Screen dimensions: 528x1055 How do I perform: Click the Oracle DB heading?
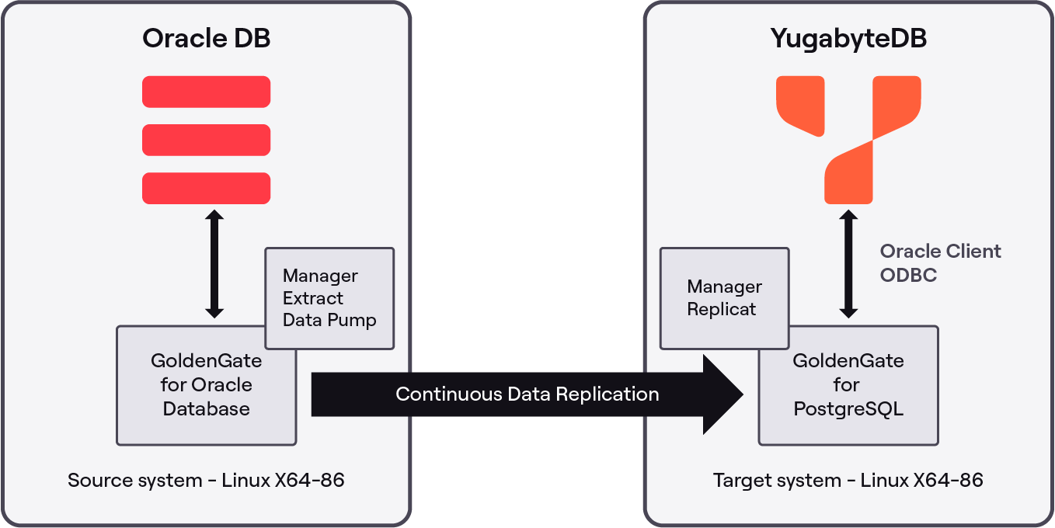pyautogui.click(x=206, y=39)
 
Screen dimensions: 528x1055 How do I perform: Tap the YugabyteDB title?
pyautogui.click(x=848, y=39)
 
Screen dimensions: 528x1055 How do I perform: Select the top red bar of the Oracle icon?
pyautogui.click(x=206, y=92)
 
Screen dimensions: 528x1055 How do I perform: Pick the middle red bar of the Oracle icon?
pyautogui.click(x=206, y=140)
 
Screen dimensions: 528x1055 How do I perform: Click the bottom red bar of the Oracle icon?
pyautogui.click(x=206, y=189)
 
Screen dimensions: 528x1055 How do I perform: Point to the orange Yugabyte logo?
pyautogui.click(x=848, y=138)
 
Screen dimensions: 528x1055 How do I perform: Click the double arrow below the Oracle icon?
pyautogui.click(x=214, y=264)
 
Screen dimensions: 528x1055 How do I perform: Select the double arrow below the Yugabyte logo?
pyautogui.click(x=848, y=264)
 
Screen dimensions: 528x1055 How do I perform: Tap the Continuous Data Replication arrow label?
pyautogui.click(x=527, y=394)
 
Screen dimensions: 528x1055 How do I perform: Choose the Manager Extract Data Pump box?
pyautogui.click(x=329, y=298)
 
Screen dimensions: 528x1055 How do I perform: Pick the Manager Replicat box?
pyautogui.click(x=724, y=298)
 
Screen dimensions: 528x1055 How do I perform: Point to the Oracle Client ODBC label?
pyautogui.click(x=940, y=263)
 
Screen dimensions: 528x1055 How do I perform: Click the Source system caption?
pyautogui.click(x=206, y=481)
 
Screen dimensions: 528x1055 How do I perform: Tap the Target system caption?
pyautogui.click(x=848, y=481)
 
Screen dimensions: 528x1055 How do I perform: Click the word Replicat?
pyautogui.click(x=722, y=309)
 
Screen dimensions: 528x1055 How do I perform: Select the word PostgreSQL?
pyautogui.click(x=848, y=409)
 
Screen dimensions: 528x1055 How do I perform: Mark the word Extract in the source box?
pyautogui.click(x=313, y=298)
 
